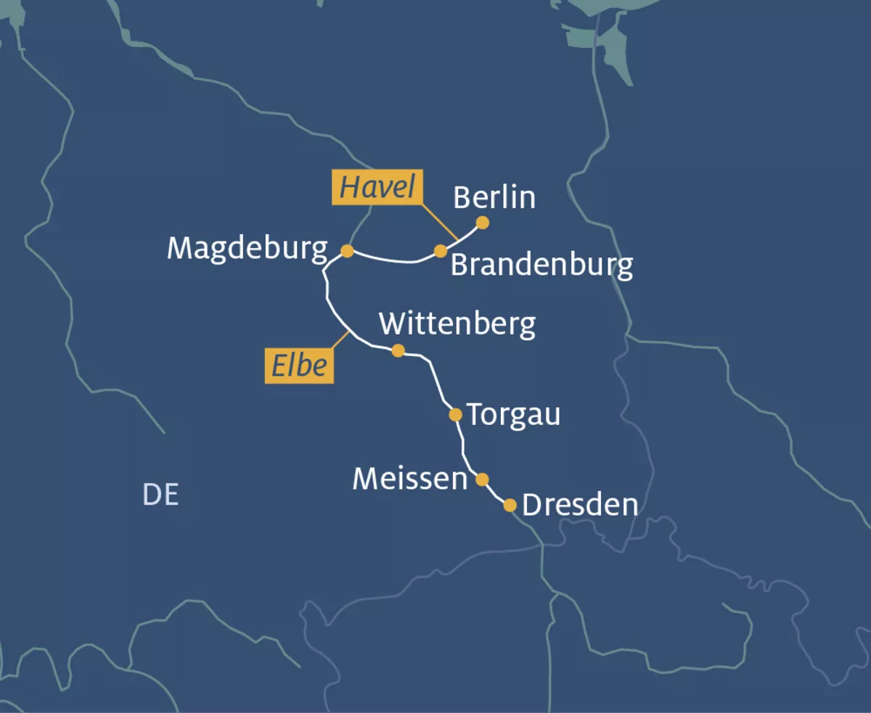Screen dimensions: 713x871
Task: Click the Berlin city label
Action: [494, 197]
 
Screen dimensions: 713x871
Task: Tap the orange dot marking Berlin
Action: [482, 223]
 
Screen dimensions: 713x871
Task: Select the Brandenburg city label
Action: [541, 265]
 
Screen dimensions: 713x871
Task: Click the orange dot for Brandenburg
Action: [441, 251]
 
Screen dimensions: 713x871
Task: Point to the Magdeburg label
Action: [247, 249]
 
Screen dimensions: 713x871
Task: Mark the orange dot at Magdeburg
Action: [347, 251]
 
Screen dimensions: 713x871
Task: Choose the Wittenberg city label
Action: [457, 323]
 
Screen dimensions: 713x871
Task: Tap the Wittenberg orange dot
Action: [398, 350]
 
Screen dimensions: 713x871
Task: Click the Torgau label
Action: [513, 415]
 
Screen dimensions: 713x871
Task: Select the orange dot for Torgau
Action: [455, 415]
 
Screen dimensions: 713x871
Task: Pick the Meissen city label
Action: [409, 479]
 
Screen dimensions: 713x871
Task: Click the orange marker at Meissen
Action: [482, 479]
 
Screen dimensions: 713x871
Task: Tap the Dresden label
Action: [580, 506]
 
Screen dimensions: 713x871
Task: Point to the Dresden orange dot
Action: [510, 505]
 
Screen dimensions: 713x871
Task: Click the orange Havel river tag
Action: [377, 189]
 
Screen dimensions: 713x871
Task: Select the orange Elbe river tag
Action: [299, 366]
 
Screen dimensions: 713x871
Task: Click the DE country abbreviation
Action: [160, 495]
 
